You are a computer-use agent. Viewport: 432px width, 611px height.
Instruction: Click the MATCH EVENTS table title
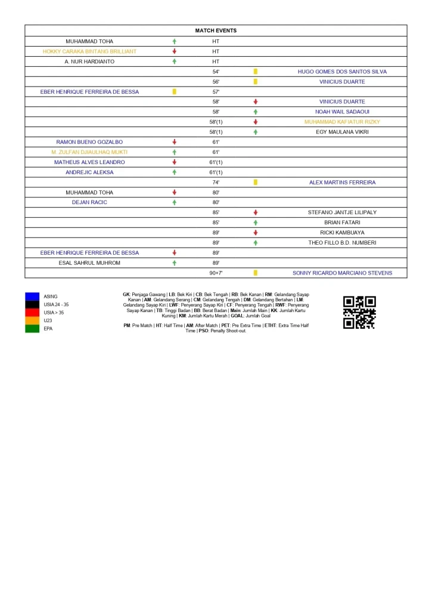click(216, 30)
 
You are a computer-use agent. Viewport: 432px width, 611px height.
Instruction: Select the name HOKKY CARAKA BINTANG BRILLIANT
click(89, 51)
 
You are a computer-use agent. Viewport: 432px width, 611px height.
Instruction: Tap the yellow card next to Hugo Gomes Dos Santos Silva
click(256, 72)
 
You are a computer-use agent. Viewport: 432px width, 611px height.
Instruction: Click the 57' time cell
click(216, 92)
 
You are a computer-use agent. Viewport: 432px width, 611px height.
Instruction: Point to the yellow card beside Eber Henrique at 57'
click(175, 92)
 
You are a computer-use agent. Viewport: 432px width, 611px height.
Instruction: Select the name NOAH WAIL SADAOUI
click(342, 112)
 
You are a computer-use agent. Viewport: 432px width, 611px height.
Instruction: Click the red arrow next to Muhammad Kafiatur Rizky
click(256, 122)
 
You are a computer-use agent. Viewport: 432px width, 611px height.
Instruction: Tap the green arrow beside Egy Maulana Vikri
click(256, 132)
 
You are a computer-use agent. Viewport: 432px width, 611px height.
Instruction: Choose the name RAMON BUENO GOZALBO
click(89, 142)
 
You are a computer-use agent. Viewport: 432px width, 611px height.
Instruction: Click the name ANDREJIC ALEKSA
click(89, 172)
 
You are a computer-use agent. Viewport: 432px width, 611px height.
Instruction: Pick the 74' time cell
click(216, 183)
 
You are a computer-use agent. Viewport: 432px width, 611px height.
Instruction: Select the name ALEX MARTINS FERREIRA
click(342, 183)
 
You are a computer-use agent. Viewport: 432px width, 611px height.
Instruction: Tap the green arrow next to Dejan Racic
click(175, 202)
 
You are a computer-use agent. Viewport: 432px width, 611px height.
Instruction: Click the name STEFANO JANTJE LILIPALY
click(342, 212)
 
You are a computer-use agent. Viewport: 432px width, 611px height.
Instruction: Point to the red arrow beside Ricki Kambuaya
click(256, 233)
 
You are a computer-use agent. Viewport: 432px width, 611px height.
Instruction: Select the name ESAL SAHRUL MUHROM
click(89, 263)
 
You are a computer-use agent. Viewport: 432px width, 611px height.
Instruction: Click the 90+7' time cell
click(216, 273)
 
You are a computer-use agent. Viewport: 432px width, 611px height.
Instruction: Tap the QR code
click(359, 312)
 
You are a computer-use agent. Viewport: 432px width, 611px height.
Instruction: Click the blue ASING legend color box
click(32, 297)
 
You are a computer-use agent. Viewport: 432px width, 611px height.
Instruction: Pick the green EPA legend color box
click(32, 328)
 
